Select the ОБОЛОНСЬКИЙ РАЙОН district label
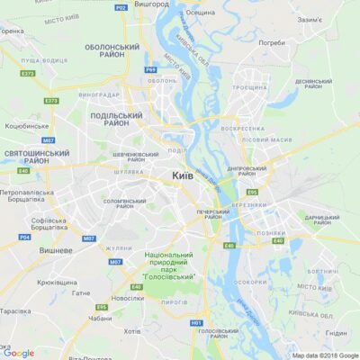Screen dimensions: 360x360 click(x=114, y=50)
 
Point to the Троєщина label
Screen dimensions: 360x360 click(x=249, y=87)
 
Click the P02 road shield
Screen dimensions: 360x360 click(x=120, y=7)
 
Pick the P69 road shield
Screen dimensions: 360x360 click(x=150, y=69)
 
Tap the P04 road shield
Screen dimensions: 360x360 click(x=24, y=237)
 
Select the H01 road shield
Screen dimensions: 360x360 click(x=196, y=321)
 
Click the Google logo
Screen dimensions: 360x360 click(x=18, y=353)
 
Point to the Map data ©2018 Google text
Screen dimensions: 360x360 click(x=324, y=355)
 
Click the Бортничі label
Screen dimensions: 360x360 click(x=321, y=270)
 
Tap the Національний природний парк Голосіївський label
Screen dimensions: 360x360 click(x=167, y=265)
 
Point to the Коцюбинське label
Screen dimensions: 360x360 click(x=27, y=127)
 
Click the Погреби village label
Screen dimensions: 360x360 click(x=271, y=42)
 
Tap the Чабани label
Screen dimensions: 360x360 click(x=100, y=317)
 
